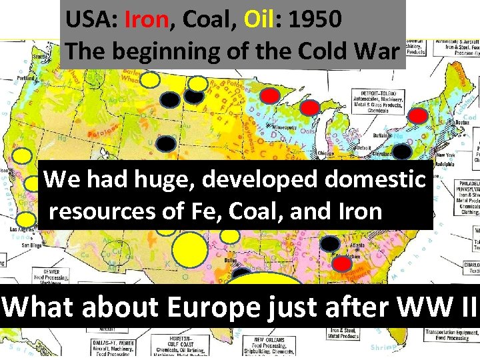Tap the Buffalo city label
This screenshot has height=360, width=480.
381,135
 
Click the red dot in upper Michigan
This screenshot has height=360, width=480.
309,107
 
